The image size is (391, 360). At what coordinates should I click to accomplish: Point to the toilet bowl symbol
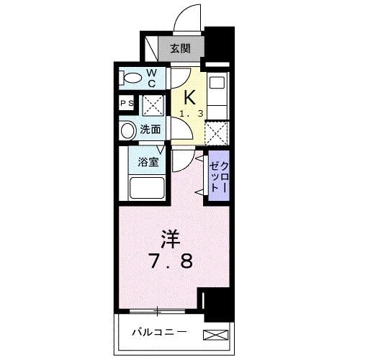tap(132, 77)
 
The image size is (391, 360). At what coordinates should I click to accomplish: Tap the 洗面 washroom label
tap(150, 131)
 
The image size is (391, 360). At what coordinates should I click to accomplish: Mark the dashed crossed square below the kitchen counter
tap(217, 133)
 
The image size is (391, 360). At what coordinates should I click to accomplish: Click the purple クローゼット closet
tap(218, 176)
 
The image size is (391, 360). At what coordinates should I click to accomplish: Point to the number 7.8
tap(170, 261)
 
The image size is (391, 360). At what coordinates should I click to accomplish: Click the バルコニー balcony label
tap(160, 333)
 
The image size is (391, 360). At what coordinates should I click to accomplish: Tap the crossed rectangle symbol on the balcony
tap(214, 333)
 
